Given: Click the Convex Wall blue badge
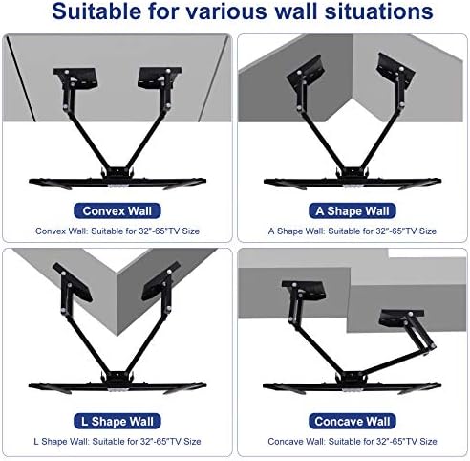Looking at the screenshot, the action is coord(117,210).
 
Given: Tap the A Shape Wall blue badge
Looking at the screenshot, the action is coord(352,210).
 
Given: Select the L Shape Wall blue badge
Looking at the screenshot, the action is coord(117,421).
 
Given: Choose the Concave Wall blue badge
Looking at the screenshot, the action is coord(352,421).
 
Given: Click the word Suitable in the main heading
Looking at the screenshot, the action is coord(97,11).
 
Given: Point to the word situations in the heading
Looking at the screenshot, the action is coord(378,11).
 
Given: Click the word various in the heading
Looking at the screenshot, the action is coord(227,11).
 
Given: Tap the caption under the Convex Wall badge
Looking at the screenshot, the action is coord(117,231).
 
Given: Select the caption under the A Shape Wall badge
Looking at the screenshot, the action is coord(352,231).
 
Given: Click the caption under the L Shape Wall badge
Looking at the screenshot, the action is coord(117,442).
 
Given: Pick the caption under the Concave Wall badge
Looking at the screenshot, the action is coord(352,442).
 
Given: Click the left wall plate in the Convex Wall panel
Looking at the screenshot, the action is coord(76,78).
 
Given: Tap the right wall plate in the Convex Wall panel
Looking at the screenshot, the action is coord(159,78).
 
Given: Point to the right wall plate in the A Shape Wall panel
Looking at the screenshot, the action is coord(395,70).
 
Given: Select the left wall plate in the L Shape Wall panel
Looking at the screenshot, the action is coord(73,282).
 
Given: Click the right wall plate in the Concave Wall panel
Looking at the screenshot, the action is coord(401,318).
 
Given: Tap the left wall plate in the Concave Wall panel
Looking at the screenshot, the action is coord(305,290).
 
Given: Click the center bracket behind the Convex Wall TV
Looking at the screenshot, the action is coord(117,173).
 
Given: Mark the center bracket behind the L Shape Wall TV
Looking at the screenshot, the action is coord(117,377).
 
